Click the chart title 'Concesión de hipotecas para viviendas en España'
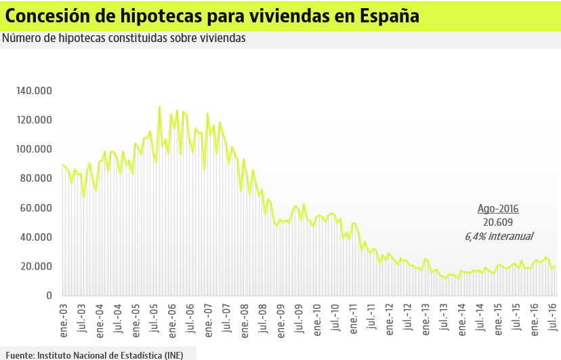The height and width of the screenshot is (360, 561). tap(212, 16)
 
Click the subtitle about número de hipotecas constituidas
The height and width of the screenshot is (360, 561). tap(123, 38)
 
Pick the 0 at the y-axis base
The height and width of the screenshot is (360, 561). tap(49, 296)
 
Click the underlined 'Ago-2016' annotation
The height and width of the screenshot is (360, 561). tap(498, 209)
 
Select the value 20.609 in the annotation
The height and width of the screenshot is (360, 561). tap(498, 222)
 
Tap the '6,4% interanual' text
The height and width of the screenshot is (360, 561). tap(499, 236)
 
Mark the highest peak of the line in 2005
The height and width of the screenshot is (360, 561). tap(159, 106)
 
